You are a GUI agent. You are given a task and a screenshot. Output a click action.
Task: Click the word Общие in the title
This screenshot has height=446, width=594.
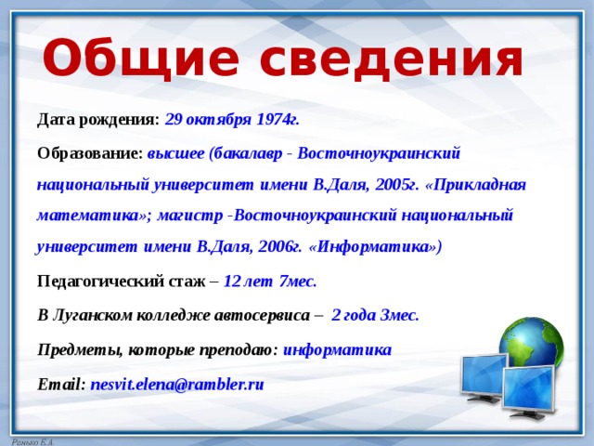tap(140, 59)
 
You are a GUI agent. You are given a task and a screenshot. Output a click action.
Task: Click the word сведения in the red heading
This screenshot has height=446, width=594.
tap(392, 59)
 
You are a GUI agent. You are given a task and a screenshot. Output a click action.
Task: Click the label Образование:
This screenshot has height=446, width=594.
tap(90, 153)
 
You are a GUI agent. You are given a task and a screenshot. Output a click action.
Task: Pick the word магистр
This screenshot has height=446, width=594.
tap(190, 216)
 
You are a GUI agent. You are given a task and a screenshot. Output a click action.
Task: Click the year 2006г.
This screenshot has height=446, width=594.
tap(280, 247)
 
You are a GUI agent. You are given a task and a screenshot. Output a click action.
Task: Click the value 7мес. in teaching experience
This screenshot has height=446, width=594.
tap(298, 282)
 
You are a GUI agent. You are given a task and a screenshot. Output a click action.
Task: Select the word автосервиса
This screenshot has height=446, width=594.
tap(262, 316)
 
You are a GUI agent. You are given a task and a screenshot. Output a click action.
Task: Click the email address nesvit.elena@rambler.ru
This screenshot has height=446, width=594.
tap(177, 385)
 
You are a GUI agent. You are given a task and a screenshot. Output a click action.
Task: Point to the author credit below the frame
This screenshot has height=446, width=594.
tap(33, 442)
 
